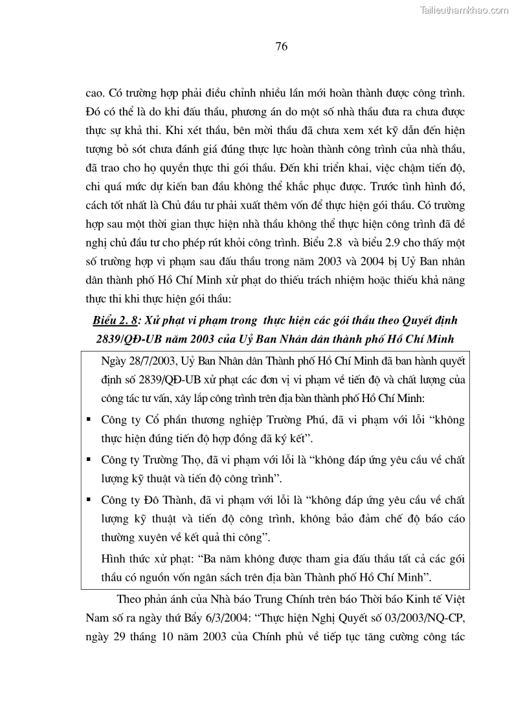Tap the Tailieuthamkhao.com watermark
pyautogui.click(x=465, y=10)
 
